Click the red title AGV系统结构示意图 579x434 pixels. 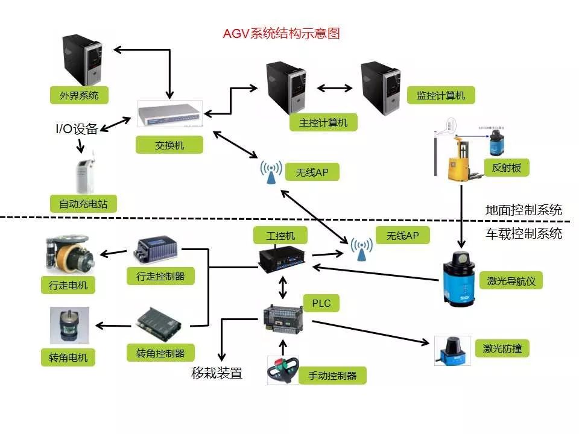click(x=282, y=34)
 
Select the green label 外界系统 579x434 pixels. click(x=79, y=95)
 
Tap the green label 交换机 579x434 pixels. click(x=169, y=145)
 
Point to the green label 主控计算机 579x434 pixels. click(x=323, y=122)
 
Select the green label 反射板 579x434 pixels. click(x=507, y=168)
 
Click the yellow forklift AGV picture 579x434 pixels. click(x=461, y=158)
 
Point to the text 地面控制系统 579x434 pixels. click(x=524, y=210)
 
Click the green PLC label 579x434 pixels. click(x=321, y=303)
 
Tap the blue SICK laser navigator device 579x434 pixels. click(x=461, y=277)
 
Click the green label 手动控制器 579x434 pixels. click(x=332, y=376)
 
